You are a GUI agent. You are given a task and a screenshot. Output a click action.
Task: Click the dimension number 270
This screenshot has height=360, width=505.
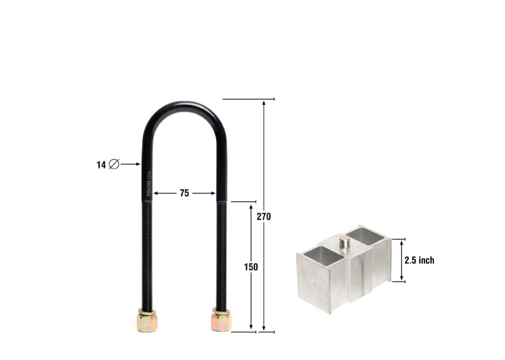(x=264, y=216)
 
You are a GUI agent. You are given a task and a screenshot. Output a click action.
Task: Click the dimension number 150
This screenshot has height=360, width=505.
(x=251, y=266)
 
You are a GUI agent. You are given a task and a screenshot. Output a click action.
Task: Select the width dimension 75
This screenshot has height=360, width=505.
(x=184, y=194)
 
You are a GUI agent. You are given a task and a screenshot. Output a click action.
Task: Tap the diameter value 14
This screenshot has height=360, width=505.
(x=100, y=165)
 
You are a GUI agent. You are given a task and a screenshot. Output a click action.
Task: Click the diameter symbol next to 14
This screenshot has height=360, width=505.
(x=114, y=165)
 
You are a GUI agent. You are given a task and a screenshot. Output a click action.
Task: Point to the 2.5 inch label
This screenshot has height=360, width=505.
(x=419, y=260)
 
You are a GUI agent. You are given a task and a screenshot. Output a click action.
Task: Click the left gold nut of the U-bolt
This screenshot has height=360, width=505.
(x=146, y=321)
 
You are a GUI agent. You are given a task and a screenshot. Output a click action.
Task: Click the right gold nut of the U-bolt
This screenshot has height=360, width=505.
(x=221, y=320)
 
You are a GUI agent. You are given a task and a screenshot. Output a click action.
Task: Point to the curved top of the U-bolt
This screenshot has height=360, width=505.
(x=183, y=107)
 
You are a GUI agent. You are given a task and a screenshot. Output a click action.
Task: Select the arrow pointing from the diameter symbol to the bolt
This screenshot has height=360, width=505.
(x=130, y=165)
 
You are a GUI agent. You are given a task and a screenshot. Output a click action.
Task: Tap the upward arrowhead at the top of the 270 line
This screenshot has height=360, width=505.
(x=264, y=102)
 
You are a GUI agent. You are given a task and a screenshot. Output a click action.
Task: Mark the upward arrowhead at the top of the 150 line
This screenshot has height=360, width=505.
(x=251, y=206)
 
